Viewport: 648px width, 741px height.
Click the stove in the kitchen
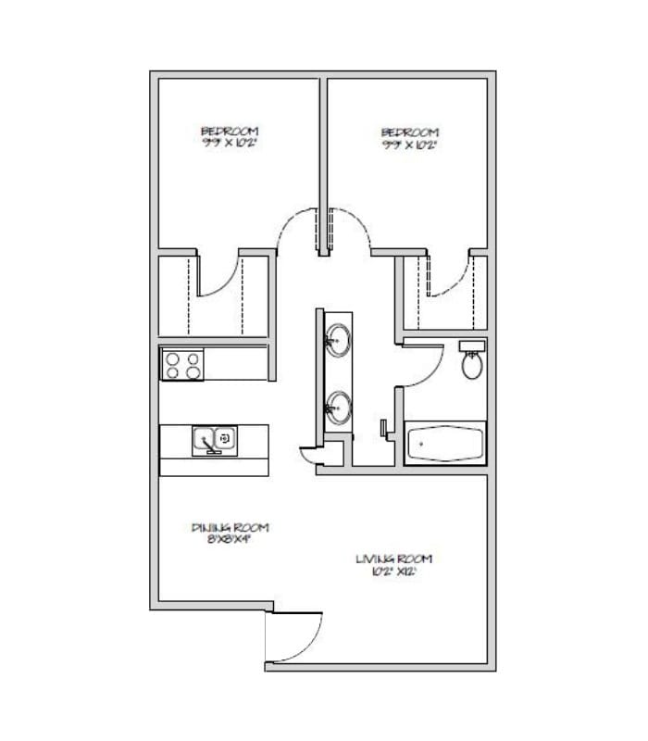coord(182,363)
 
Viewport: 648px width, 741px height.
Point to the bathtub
coord(445,443)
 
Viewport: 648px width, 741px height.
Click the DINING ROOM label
coord(231,527)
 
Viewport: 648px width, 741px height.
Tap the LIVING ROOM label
coord(394,559)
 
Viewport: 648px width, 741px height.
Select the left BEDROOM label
coord(230,132)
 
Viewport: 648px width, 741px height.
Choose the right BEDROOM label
coord(409,132)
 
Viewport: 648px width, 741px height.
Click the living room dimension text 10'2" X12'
coord(394,571)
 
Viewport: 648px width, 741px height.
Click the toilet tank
coord(471,345)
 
